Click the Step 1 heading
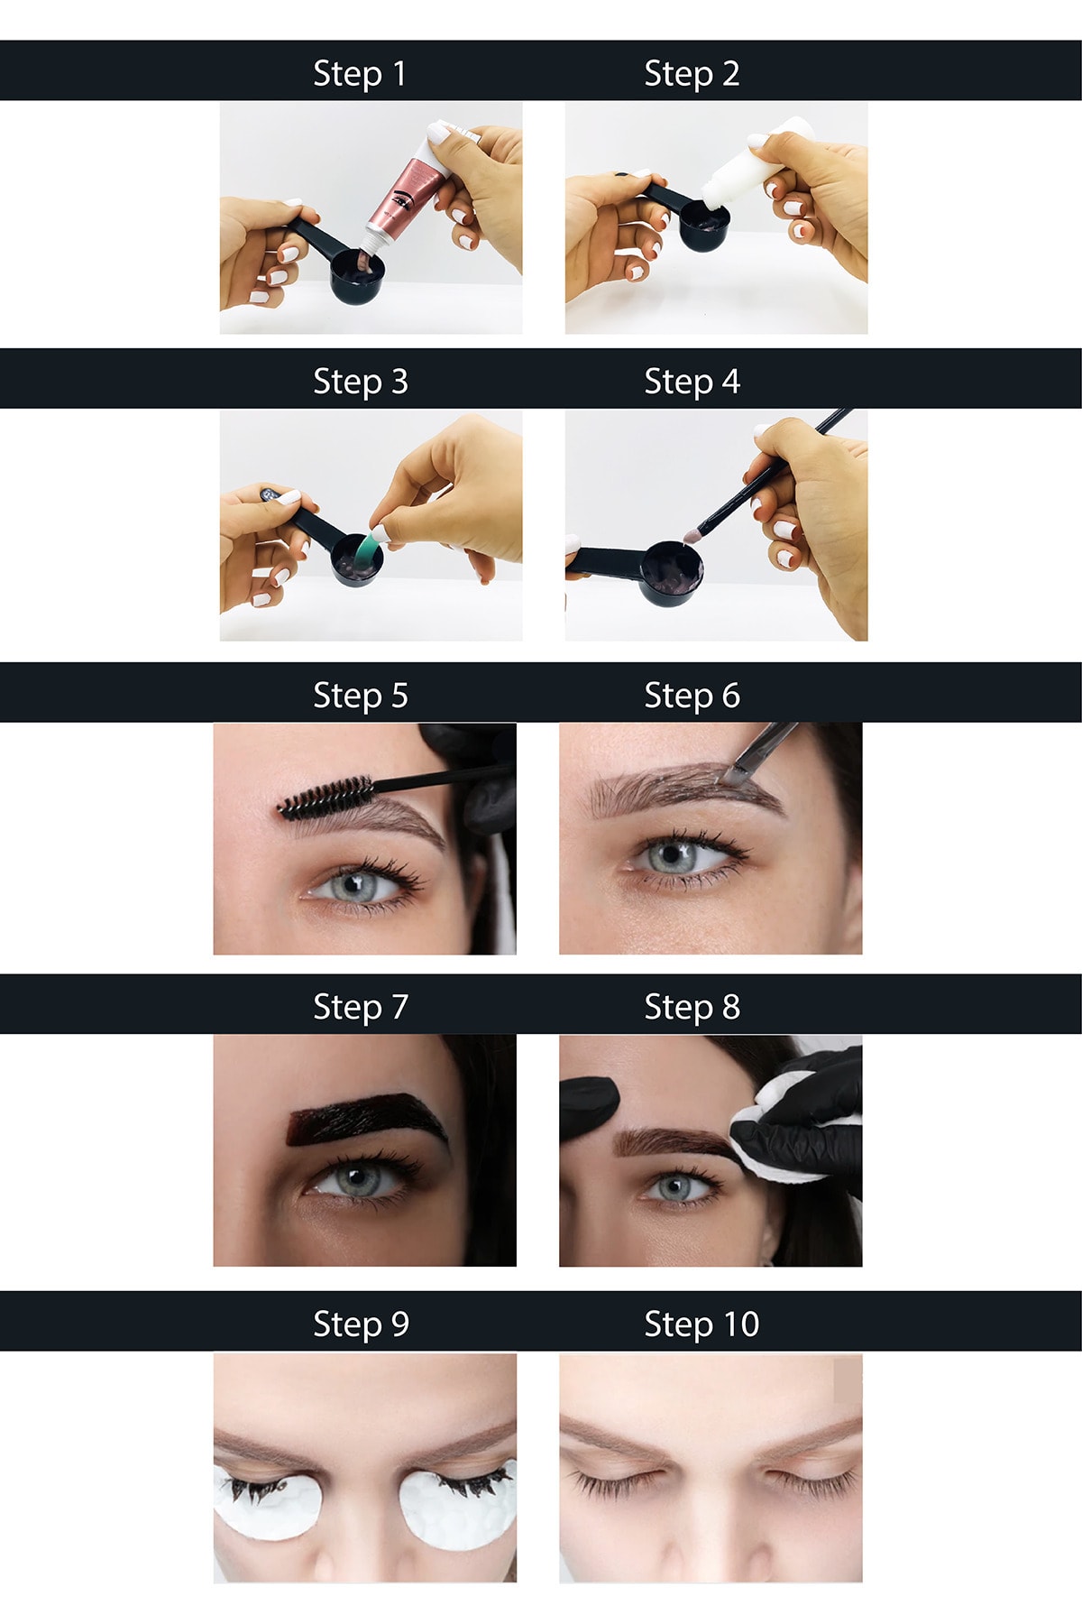pyautogui.click(x=360, y=74)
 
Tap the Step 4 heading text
pyautogui.click(x=692, y=382)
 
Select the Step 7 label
pyautogui.click(x=361, y=1007)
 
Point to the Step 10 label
pyautogui.click(x=701, y=1324)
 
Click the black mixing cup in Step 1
pyautogui.click(x=358, y=276)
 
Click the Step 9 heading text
pyautogui.click(x=361, y=1324)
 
